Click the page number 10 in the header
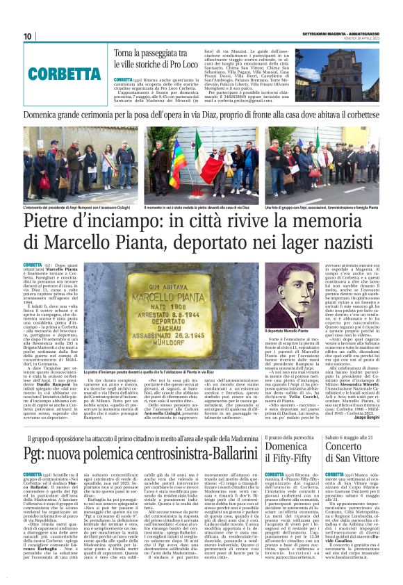click(x=28, y=36)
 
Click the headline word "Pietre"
click(x=54, y=224)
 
